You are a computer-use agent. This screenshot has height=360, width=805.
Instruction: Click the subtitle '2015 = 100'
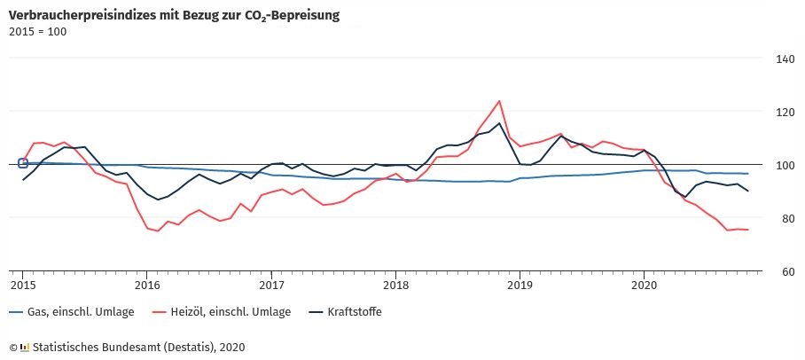coord(37,32)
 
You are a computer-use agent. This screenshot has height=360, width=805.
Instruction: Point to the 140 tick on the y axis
coord(785,59)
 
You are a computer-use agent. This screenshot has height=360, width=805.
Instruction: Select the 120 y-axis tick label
coord(785,113)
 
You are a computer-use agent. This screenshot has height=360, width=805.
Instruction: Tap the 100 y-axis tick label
coord(785,166)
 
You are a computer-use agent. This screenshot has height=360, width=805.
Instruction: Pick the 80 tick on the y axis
coord(785,219)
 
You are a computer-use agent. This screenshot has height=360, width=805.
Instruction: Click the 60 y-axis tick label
coord(785,271)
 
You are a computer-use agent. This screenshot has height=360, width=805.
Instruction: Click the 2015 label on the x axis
coord(22,285)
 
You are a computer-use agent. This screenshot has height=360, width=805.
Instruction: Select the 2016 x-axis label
coord(147,285)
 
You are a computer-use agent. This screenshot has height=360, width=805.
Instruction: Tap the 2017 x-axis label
coord(271,285)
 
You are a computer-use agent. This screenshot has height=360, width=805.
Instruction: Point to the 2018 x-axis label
coord(396,285)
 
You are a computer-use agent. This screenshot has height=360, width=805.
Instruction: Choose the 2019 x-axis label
coord(520,285)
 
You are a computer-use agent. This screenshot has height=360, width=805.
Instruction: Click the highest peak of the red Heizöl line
coord(500,101)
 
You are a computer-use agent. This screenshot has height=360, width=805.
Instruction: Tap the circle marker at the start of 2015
coord(23,163)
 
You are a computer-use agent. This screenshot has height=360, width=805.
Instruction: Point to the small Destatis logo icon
coord(24,347)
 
